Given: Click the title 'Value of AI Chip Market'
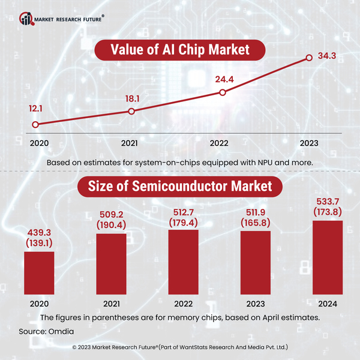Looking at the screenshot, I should [179, 50].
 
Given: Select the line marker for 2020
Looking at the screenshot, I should [35, 125].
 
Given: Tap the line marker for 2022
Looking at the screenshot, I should [223, 92].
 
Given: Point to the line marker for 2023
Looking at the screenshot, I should [309, 58].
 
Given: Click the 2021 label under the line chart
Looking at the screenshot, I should [130, 143].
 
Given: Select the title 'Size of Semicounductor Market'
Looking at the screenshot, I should [179, 187].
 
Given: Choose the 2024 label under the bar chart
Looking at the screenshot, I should [327, 303].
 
